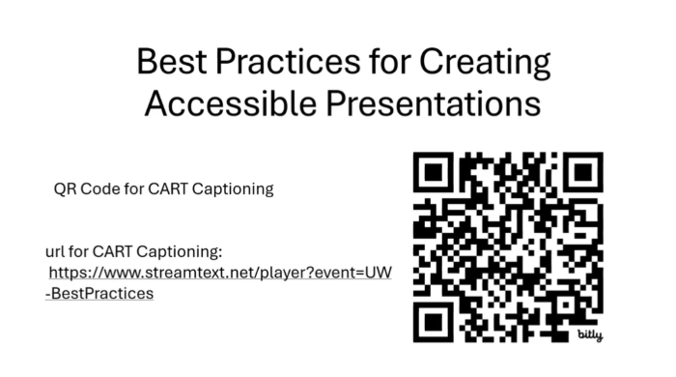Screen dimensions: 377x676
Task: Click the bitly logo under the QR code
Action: click(588, 333)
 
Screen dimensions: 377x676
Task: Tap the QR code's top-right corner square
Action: click(582, 174)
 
